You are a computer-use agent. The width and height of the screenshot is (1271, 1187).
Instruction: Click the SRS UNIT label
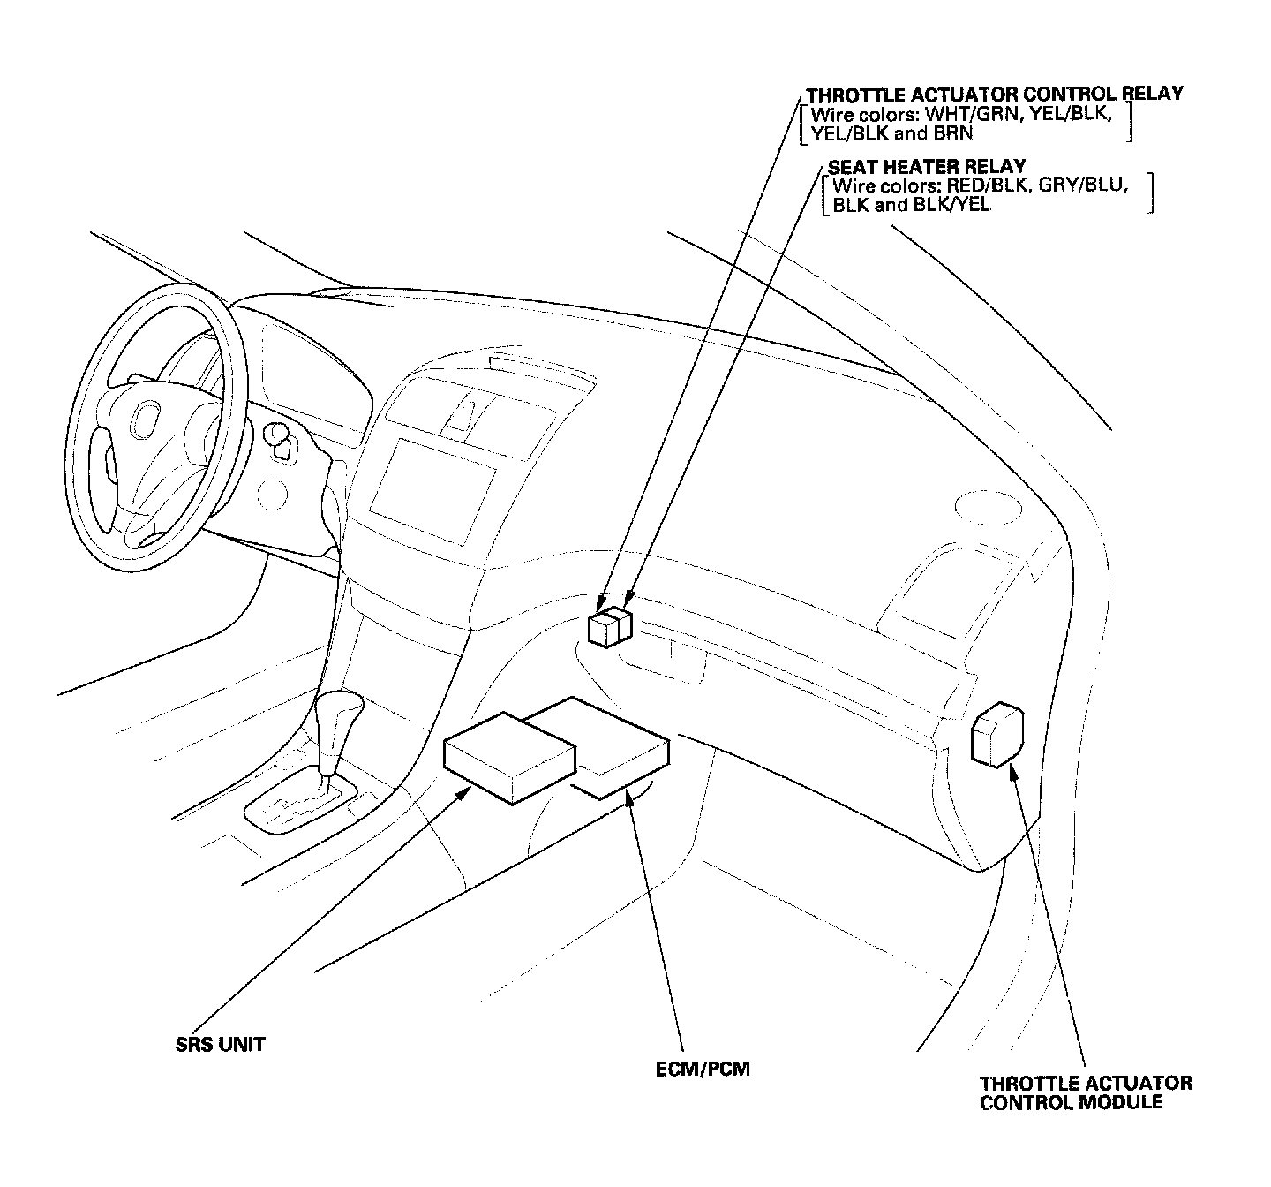click(x=221, y=1045)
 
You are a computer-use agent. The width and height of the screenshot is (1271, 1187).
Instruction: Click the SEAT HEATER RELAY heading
click(x=926, y=166)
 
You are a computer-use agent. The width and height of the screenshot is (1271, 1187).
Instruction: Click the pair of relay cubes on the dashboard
click(x=610, y=626)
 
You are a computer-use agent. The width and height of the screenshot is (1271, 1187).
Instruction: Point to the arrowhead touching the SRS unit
click(x=462, y=793)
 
